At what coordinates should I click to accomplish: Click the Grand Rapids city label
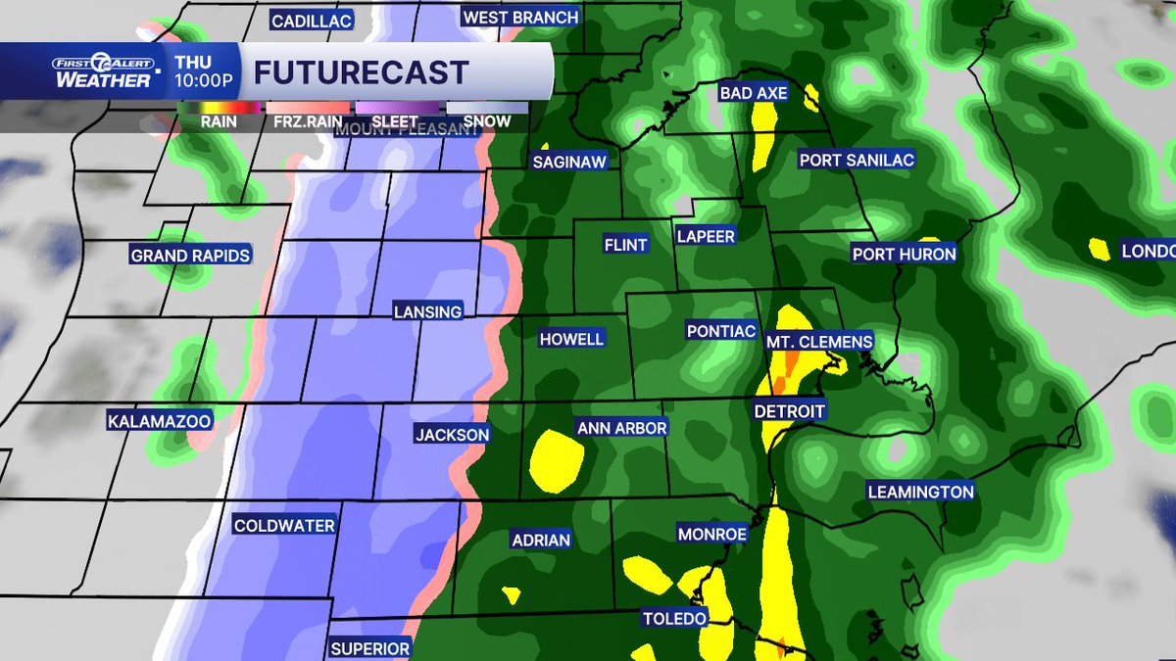(190, 256)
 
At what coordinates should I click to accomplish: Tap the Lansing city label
(427, 311)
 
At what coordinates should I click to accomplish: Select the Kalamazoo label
(160, 420)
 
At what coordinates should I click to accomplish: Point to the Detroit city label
(789, 411)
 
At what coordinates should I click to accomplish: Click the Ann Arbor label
(621, 428)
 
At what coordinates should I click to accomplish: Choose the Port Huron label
(904, 254)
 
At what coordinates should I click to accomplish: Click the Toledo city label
(674, 618)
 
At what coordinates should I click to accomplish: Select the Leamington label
(920, 492)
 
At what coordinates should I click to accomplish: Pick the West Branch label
(520, 17)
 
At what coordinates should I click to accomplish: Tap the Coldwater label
(284, 526)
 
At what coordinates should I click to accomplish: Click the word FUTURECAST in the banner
(361, 71)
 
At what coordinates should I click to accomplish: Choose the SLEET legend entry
(395, 120)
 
